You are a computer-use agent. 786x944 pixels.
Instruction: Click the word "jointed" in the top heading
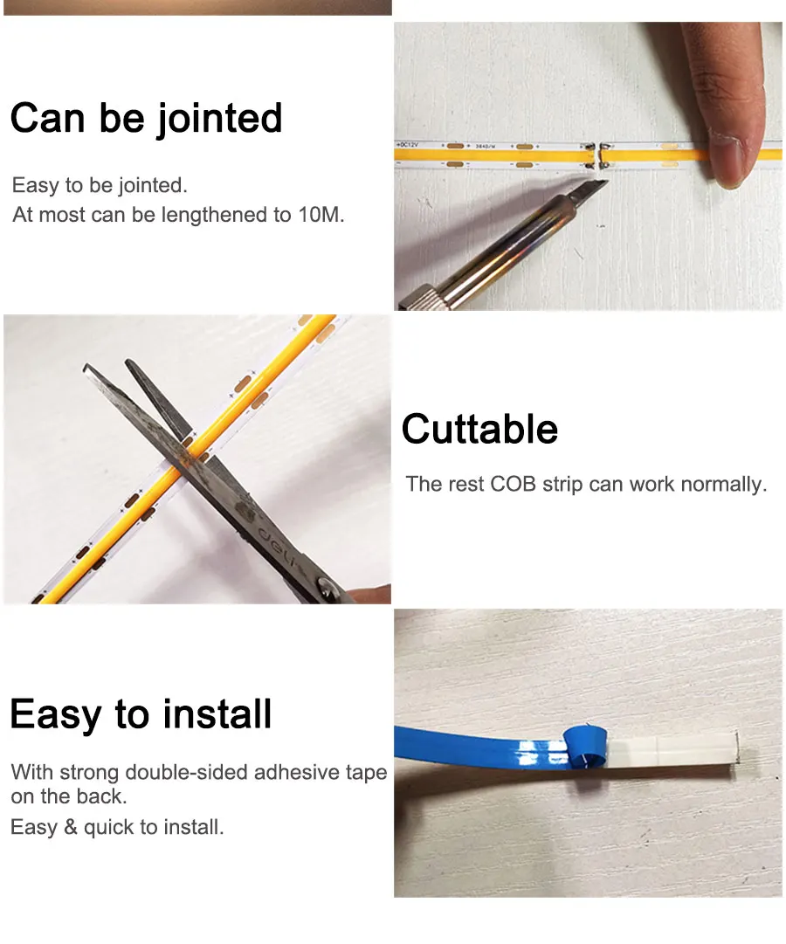tap(219, 119)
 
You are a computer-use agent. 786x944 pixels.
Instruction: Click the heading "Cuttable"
tap(479, 430)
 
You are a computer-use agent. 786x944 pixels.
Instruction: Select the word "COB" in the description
tap(514, 484)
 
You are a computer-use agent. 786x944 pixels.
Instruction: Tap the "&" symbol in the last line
tap(71, 827)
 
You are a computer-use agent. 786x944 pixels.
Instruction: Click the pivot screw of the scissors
tap(327, 586)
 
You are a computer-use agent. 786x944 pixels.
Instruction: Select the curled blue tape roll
tap(585, 749)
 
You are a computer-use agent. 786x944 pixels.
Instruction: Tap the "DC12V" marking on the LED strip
tap(407, 145)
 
